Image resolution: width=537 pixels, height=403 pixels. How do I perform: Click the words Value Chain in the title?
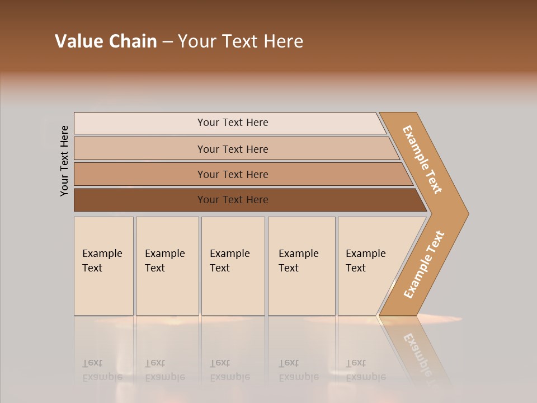pyautogui.click(x=106, y=41)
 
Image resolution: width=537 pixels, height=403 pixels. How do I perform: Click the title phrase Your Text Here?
pyautogui.click(x=241, y=41)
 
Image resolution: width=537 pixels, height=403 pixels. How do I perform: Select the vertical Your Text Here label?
pyautogui.click(x=64, y=161)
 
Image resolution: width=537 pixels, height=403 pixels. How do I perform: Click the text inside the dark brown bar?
pyautogui.click(x=233, y=200)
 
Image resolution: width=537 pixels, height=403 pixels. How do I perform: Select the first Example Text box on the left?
pyautogui.click(x=103, y=266)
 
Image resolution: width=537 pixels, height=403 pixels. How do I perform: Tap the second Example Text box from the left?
pyautogui.click(x=167, y=266)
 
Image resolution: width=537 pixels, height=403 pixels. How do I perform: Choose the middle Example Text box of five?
pyautogui.click(x=233, y=266)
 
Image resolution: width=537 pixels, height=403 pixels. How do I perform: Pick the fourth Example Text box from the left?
pyautogui.click(x=302, y=266)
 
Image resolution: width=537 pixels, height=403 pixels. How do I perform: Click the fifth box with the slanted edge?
pyautogui.click(x=369, y=266)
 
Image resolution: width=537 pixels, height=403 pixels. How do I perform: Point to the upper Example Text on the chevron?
pyautogui.click(x=422, y=160)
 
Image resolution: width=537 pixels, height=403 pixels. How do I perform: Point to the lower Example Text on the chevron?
pyautogui.click(x=424, y=265)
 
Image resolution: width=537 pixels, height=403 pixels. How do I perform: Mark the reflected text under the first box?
pyautogui.click(x=102, y=370)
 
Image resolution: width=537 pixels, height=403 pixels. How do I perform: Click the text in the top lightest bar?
pyautogui.click(x=233, y=123)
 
